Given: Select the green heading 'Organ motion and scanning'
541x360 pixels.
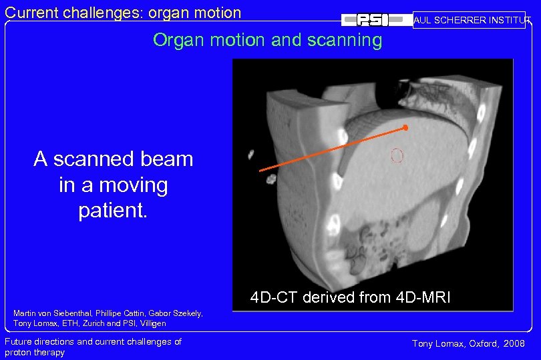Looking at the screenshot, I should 267,40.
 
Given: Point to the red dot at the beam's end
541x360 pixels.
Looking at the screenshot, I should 405,127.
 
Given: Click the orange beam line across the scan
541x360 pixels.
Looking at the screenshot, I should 332,148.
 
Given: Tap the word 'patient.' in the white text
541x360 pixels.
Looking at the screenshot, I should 113,211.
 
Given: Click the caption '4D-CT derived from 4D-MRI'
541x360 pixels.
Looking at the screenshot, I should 350,297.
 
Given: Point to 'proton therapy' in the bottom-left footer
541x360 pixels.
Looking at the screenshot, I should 35,352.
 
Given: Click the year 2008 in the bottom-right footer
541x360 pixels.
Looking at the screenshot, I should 513,343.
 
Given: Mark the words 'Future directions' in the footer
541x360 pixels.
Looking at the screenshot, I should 39,342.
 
